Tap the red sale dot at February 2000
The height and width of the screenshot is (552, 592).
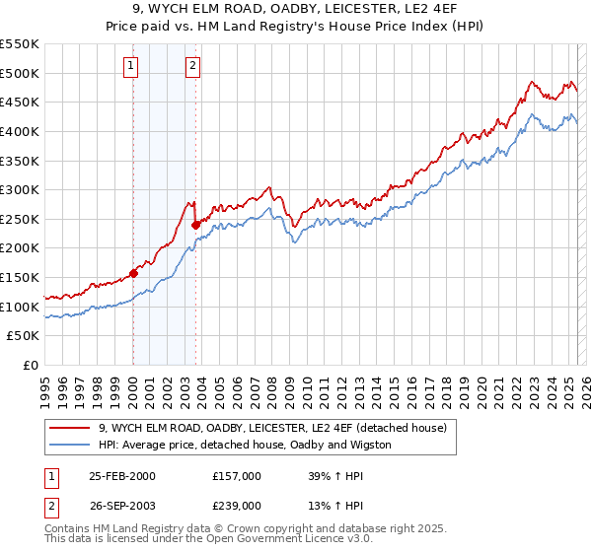(133, 273)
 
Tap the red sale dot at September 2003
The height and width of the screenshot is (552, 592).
(195, 225)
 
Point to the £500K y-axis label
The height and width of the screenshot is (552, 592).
(20, 73)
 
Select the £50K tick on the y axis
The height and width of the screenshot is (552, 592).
(24, 336)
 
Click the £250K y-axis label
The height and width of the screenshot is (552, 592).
(20, 219)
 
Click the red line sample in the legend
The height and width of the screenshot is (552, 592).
(70, 428)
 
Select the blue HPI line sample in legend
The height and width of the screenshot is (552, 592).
(70, 445)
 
